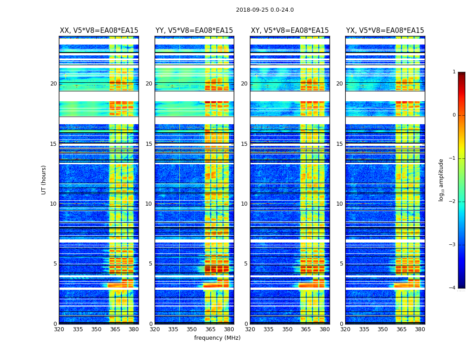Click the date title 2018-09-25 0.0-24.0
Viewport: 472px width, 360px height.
tap(265, 10)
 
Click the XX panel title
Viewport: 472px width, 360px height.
tap(99, 31)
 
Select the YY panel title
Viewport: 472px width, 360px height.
tap(194, 31)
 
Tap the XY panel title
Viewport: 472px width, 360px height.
tap(290, 31)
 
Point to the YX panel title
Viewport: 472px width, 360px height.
tap(385, 31)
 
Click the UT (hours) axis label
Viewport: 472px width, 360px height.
tap(44, 180)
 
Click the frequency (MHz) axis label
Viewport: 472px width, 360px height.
tap(217, 338)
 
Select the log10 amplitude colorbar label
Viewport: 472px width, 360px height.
tap(441, 180)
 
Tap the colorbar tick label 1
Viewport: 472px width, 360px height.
tap(454, 72)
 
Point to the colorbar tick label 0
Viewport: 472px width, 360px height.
tap(454, 115)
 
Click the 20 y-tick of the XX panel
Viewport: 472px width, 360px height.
tap(53, 84)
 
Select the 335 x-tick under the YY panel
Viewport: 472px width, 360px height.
tap(173, 329)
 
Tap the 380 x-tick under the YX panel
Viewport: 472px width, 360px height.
tap(420, 329)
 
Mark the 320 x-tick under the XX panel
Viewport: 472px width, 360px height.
tap(59, 329)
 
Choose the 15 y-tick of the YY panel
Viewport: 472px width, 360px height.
tap(149, 144)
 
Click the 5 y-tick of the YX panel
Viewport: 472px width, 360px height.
tap(342, 264)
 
